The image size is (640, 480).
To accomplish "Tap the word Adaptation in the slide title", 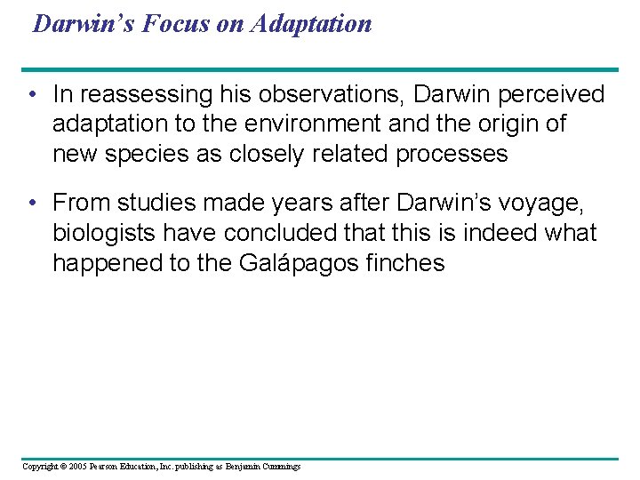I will coord(311,23).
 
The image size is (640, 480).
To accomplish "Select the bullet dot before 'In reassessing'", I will coord(31,94).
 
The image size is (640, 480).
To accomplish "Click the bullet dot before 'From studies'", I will coord(31,204).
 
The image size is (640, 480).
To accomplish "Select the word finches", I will coord(405,263).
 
